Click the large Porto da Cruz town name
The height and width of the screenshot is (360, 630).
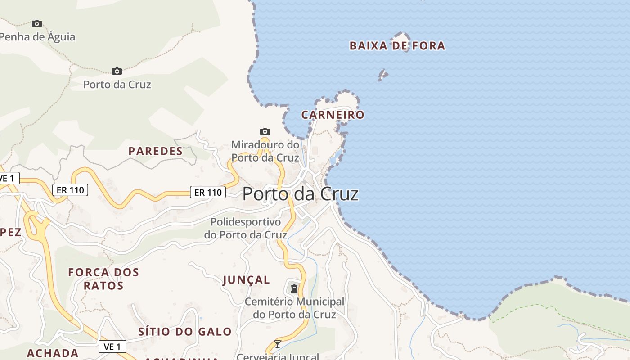(300, 194)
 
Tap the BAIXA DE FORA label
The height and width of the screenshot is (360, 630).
(397, 46)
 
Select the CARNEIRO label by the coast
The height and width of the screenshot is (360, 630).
(333, 115)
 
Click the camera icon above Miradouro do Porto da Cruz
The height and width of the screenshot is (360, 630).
(265, 131)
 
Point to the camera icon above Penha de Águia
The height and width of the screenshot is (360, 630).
(37, 23)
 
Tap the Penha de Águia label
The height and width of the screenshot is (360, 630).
(38, 37)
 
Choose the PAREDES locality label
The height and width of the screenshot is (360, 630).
(156, 151)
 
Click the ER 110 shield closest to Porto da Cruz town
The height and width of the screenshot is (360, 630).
(208, 193)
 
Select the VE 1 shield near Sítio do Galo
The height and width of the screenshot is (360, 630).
(112, 346)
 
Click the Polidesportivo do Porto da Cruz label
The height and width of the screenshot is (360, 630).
(246, 229)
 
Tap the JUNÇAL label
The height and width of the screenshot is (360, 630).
(246, 280)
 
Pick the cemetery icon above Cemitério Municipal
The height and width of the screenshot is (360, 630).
(294, 288)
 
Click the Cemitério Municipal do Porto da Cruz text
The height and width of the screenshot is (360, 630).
(294, 308)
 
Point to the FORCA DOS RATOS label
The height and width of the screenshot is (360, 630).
(103, 279)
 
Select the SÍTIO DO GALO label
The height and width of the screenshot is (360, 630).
(184, 332)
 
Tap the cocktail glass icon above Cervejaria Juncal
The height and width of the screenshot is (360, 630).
(278, 344)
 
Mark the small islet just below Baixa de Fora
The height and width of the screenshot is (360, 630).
(382, 75)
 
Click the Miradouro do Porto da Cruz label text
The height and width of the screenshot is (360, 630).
(265, 151)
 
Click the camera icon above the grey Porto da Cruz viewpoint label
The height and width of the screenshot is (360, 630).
(117, 71)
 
